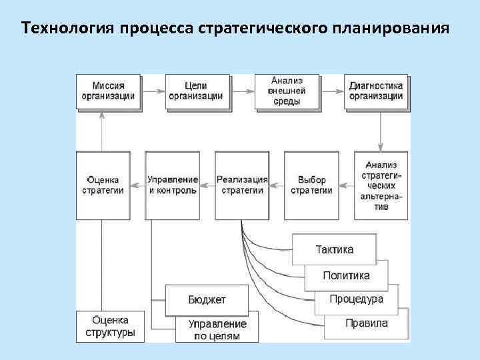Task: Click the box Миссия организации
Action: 109,91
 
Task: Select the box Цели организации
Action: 197,91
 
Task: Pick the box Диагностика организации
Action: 376,91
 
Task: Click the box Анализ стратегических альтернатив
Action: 381,185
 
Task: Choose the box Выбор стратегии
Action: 311,185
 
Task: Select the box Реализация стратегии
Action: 242,185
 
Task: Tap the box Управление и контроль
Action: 172,185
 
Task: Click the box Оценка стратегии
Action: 103,185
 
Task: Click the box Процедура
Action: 357,299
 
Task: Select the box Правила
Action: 367,323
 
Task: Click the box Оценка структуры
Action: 110,327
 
